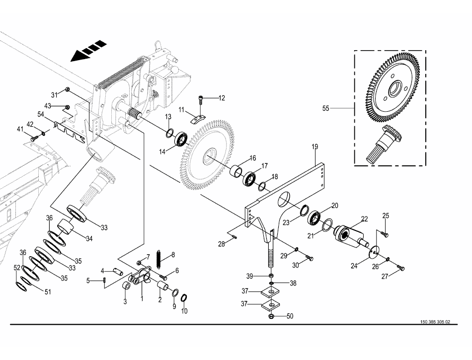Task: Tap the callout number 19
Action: tap(315, 147)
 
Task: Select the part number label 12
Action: tap(221, 98)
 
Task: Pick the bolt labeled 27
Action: tap(402, 269)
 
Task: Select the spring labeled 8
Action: tap(159, 258)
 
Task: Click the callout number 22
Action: tap(364, 219)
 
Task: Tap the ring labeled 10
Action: tap(184, 297)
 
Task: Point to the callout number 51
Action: tap(48, 292)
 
